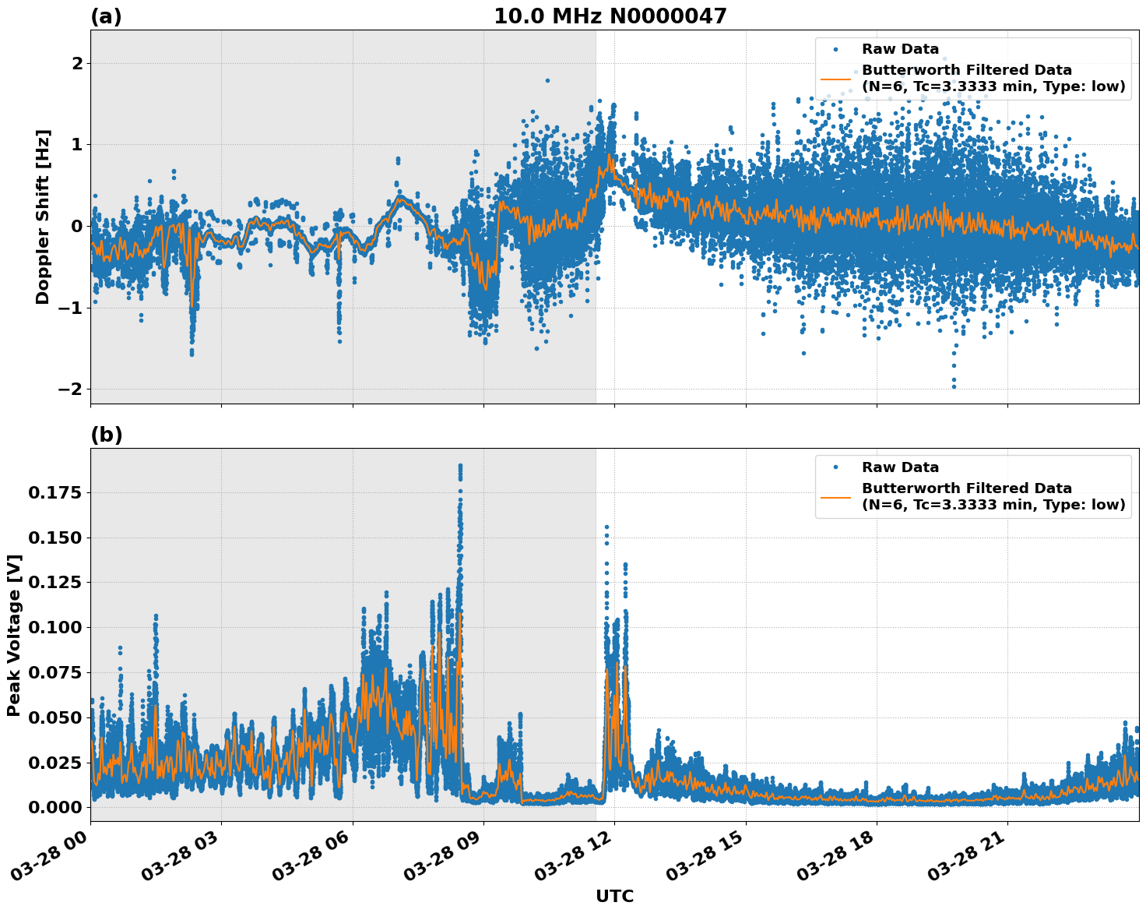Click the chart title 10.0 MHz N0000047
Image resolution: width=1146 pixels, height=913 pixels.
click(x=610, y=16)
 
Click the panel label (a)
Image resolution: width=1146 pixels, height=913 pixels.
click(x=106, y=16)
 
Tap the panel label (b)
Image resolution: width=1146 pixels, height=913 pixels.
click(x=106, y=435)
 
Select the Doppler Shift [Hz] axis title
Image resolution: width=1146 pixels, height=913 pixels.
click(x=43, y=217)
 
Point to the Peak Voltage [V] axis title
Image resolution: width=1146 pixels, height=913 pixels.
click(x=13, y=635)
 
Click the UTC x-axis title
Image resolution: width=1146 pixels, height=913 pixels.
click(x=614, y=896)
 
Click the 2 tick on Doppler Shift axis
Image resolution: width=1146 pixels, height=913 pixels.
click(x=76, y=63)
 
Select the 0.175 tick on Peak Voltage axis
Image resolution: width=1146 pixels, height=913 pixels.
click(x=54, y=492)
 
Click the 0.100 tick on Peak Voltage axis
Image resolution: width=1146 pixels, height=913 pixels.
click(x=54, y=627)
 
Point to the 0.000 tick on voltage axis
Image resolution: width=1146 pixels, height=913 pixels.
click(x=54, y=807)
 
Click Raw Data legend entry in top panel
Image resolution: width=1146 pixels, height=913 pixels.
click(x=900, y=49)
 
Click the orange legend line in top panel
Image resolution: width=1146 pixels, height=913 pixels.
click(x=835, y=79)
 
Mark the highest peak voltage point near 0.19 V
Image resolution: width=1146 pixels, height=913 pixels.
click(x=460, y=466)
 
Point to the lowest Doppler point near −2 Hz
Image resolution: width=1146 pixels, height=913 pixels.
click(x=954, y=386)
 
